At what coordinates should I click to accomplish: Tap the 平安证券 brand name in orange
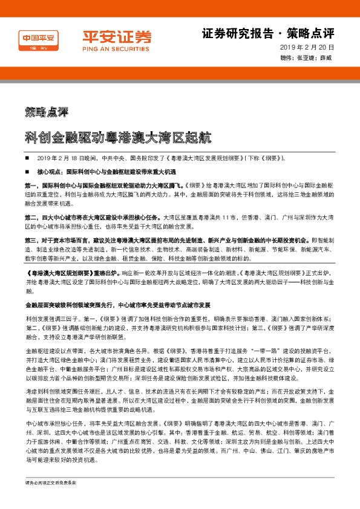point(117,35)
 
